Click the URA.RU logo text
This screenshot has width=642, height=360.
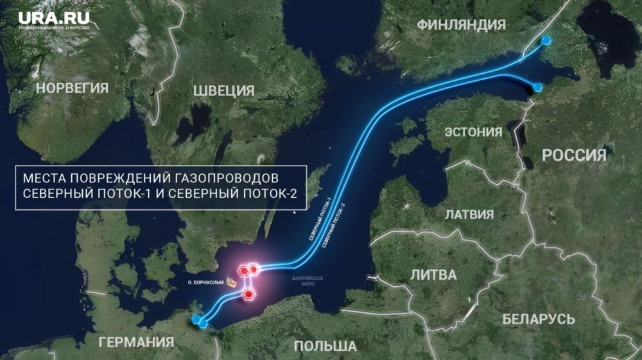pyautogui.click(x=54, y=19)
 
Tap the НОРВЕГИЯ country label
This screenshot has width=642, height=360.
pyautogui.click(x=73, y=88)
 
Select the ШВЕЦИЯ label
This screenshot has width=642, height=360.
pyautogui.click(x=224, y=90)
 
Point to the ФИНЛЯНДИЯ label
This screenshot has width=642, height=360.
pyautogui.click(x=462, y=25)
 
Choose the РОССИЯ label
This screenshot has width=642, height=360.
pyautogui.click(x=574, y=155)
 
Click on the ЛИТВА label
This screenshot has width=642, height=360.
pyautogui.click(x=434, y=275)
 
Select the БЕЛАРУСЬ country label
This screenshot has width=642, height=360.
pyautogui.click(x=538, y=318)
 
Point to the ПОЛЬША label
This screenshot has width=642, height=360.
pyautogui.click(x=325, y=347)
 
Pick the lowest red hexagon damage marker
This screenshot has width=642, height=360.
pyautogui.click(x=248, y=294)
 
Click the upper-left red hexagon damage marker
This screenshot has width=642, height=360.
pyautogui.click(x=245, y=270)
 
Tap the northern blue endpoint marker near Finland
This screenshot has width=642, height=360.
pyautogui.click(x=546, y=40)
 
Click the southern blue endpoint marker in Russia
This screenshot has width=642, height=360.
pyautogui.click(x=538, y=87)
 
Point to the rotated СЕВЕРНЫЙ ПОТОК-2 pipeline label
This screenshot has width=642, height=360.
pyautogui.click(x=334, y=225)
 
